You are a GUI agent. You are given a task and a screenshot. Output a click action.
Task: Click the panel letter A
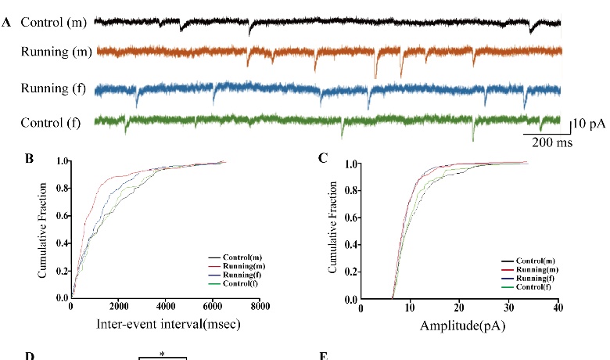pos(6,23)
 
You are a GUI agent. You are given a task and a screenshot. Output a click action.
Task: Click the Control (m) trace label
pos(54,22)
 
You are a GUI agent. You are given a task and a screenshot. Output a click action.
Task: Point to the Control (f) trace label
pos(54,121)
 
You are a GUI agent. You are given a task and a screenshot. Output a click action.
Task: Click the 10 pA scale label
pos(586,123)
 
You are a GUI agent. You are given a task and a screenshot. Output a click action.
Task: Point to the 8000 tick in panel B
pos(260,308)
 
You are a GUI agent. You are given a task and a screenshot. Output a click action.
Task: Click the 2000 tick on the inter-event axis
pos(118,308)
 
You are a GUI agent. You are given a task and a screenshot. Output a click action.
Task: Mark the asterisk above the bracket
pos(162,354)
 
